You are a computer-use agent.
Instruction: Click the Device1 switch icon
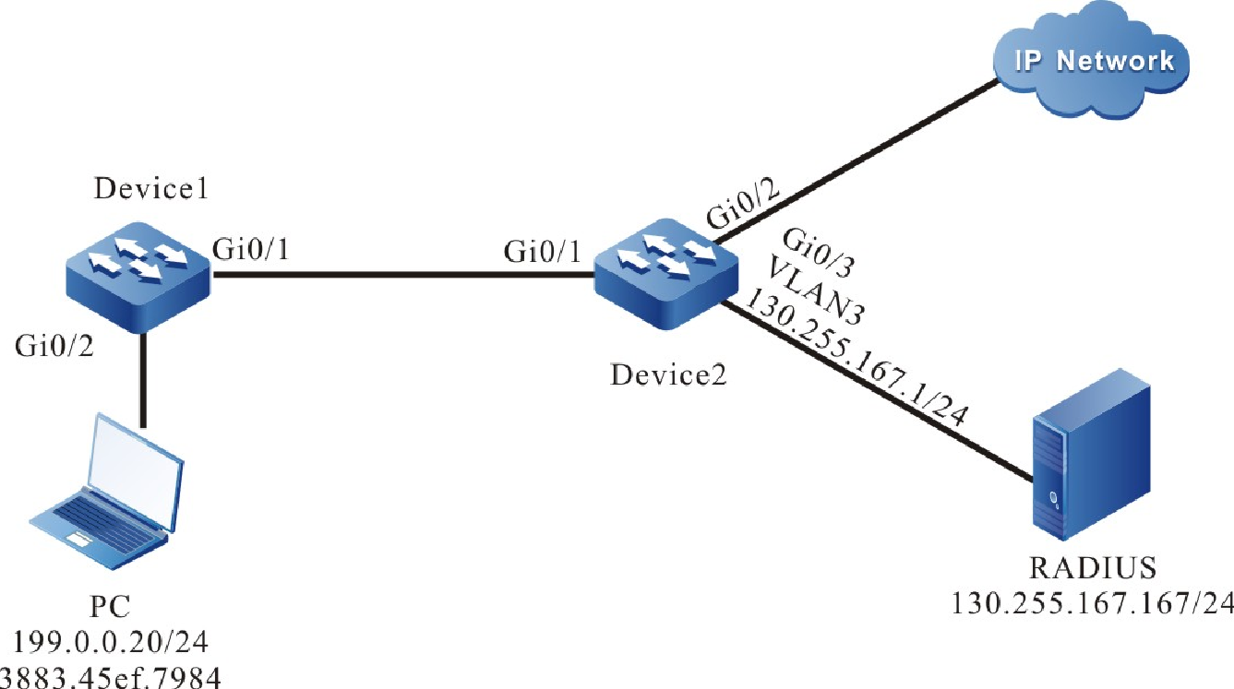pos(138,275)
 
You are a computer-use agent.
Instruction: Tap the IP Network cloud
pos(1094,63)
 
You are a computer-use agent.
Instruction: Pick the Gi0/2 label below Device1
pos(53,348)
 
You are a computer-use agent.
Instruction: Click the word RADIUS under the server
pos(1093,565)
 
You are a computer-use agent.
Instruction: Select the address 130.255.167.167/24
pos(1093,603)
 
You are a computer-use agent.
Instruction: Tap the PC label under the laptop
pos(110,606)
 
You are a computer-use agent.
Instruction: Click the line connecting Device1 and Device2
pos(397,274)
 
